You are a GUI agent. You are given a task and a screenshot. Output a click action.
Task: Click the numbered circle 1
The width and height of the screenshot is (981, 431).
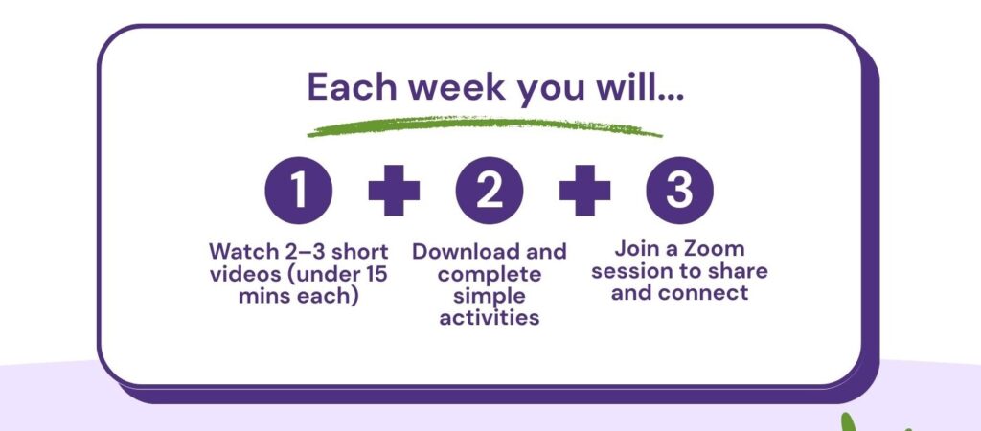(299, 191)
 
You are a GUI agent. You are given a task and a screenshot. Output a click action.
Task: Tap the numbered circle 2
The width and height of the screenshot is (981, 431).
(490, 191)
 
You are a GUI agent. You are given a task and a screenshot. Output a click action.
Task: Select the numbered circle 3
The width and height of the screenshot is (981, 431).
(679, 191)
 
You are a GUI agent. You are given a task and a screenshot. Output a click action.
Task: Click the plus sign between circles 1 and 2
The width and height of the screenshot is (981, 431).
(394, 191)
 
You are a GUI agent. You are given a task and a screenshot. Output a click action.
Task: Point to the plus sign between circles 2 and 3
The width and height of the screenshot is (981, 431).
(584, 191)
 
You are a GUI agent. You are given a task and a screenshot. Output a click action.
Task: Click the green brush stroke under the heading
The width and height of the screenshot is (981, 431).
(484, 126)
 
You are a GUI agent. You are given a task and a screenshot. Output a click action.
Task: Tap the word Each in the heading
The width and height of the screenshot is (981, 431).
(353, 87)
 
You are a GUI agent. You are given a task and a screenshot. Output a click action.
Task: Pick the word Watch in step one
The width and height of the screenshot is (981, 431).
(241, 252)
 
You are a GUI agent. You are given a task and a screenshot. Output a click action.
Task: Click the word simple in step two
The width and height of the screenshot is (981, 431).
(490, 297)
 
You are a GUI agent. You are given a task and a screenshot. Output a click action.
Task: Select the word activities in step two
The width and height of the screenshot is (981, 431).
(490, 317)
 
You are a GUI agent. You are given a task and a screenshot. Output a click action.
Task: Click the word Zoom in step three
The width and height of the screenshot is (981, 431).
(714, 248)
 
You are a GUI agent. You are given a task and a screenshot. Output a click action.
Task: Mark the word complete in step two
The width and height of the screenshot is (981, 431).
(490, 275)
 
